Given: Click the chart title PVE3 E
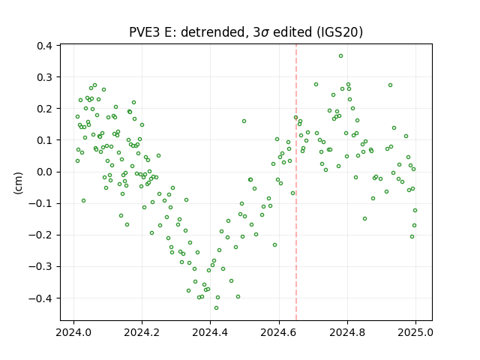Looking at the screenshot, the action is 150,32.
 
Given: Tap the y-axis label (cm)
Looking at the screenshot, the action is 18,183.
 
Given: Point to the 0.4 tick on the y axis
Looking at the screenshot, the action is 44,46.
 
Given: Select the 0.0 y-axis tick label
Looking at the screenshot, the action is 44,172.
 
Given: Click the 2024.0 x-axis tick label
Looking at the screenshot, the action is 73,332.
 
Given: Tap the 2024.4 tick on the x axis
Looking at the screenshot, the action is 210,332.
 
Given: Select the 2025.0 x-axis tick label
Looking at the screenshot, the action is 415,332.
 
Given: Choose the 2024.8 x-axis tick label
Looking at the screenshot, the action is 347,332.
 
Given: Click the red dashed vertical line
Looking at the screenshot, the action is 296,182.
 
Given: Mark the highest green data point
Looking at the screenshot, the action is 340,56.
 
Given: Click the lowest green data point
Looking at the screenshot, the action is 217,308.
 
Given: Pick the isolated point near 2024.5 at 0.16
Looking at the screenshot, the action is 244,121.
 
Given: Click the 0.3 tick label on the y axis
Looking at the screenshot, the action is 44,77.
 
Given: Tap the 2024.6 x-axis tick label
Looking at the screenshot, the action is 278,332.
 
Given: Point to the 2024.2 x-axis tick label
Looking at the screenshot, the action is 142,332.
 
